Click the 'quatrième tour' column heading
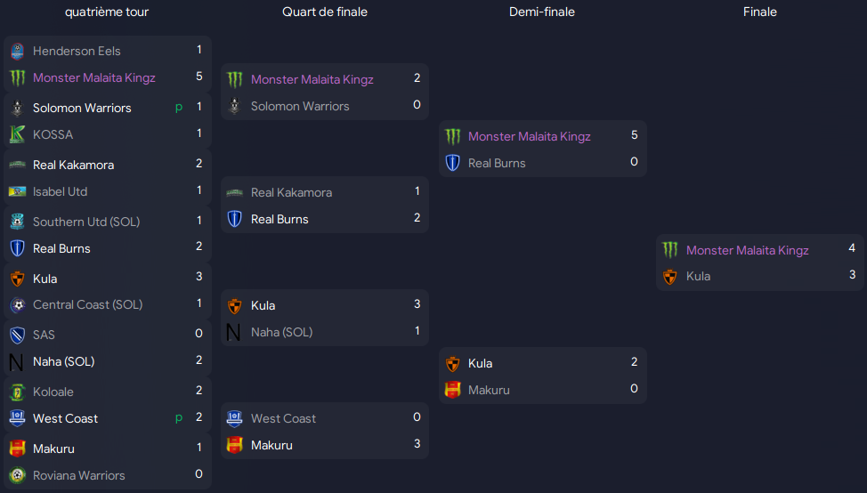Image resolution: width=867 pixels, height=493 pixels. click(x=107, y=12)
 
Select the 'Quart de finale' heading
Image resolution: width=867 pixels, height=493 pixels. click(x=325, y=12)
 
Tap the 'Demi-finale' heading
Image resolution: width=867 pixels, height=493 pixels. click(x=542, y=12)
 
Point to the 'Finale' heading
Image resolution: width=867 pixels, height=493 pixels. click(x=759, y=12)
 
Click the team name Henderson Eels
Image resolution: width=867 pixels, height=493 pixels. click(x=77, y=51)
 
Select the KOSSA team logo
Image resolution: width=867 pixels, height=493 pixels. click(x=18, y=134)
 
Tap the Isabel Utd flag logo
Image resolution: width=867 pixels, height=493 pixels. click(x=18, y=192)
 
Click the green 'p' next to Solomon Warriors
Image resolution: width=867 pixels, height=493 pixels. click(x=179, y=109)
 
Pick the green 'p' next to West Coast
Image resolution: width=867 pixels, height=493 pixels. click(x=179, y=418)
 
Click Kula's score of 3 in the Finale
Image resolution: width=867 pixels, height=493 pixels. click(x=852, y=275)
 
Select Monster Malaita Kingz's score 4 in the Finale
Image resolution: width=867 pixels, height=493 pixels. click(x=852, y=248)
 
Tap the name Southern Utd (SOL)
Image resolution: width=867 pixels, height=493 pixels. click(x=86, y=222)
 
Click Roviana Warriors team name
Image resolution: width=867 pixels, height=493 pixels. click(x=79, y=475)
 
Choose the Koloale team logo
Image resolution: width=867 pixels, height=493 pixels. click(x=18, y=392)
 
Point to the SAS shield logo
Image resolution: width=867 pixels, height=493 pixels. click(x=18, y=335)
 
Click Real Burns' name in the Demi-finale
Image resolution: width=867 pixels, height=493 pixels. click(x=497, y=163)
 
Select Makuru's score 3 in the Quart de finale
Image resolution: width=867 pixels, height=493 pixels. click(x=417, y=444)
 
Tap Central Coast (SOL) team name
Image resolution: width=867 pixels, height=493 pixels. click(x=88, y=304)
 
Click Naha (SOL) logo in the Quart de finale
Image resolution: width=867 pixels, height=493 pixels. click(x=234, y=332)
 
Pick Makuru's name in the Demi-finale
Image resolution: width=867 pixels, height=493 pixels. click(x=489, y=390)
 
